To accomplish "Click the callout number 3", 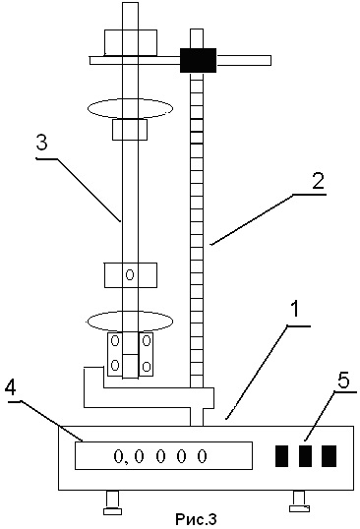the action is pos(42,144).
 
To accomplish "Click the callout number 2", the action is pos(318,182).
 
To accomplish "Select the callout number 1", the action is pos(295,310).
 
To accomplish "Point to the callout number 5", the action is pos(344,381).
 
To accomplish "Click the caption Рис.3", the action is pos(196,519).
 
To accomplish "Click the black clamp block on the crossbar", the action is pos(198,60).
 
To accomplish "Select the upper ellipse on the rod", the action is pos(130,108).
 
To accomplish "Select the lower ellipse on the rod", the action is pos(130,322).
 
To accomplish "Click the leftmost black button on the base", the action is pos(282,456).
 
